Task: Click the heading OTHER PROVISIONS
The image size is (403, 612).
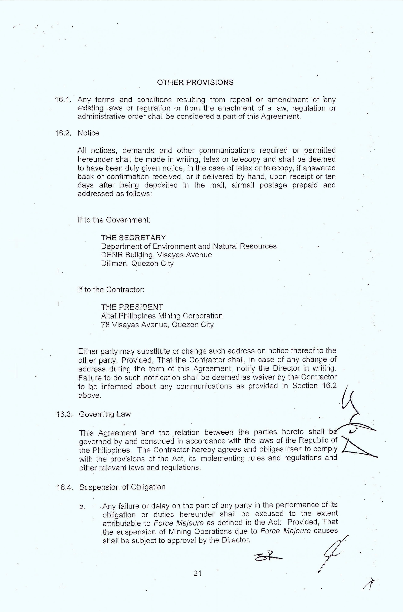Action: point(195,82)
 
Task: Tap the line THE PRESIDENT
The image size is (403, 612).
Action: point(132,307)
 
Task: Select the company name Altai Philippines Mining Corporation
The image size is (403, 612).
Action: point(162,316)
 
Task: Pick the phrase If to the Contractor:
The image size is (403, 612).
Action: point(111,290)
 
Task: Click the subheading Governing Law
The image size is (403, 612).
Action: point(105,414)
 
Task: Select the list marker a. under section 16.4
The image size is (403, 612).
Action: point(82,507)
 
